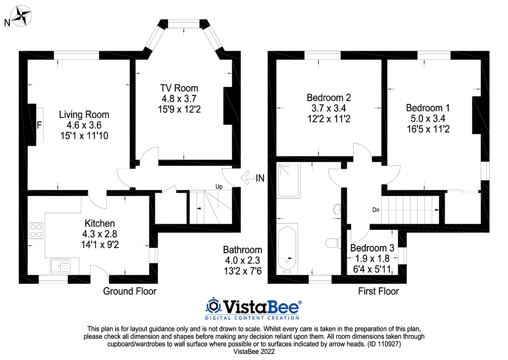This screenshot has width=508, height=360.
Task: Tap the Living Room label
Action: click(84, 115)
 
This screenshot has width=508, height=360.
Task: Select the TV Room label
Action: click(179, 88)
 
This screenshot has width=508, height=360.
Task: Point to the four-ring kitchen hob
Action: click(36, 231)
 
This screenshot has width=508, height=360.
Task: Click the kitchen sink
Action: click(60, 266)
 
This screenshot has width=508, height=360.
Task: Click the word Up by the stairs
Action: click(219, 186)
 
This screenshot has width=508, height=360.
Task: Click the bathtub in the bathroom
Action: click(287, 250)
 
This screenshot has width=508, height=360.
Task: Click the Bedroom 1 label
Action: click(424, 108)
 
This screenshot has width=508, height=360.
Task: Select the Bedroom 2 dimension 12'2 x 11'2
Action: click(329, 118)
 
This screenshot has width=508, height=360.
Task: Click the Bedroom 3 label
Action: click(372, 248)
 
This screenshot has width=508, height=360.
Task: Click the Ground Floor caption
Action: click(130, 291)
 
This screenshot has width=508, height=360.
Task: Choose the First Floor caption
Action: click(378, 291)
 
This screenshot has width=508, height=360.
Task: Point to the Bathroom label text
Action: click(242, 250)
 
